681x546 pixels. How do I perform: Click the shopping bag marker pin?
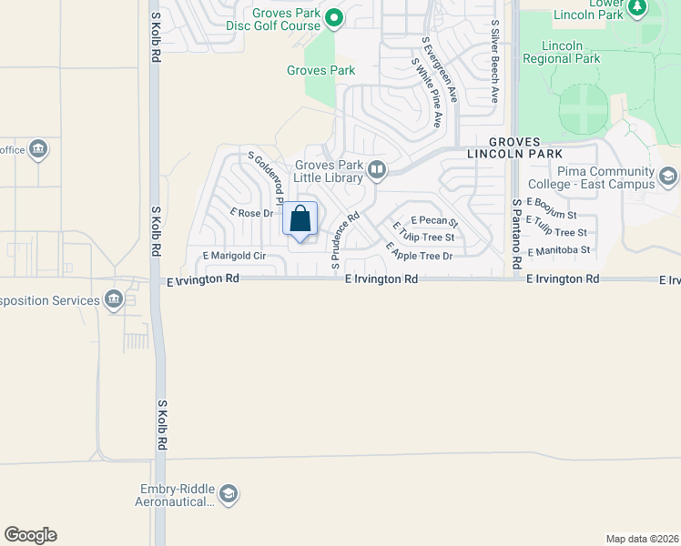pos(300,219)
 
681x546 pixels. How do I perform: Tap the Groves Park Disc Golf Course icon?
pos(334,15)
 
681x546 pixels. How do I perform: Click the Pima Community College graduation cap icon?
pos(667,176)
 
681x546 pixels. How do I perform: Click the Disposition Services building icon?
pos(114,299)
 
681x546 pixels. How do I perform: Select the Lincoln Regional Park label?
pos(561,52)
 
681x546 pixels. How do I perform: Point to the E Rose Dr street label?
pos(252,214)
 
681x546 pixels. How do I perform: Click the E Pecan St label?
pos(433,221)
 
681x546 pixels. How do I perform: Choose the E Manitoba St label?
pos(558,249)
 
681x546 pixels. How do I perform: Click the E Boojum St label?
pos(552,209)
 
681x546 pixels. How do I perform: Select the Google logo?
pos(30,535)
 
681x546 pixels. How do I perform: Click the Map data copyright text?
pos(641,538)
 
